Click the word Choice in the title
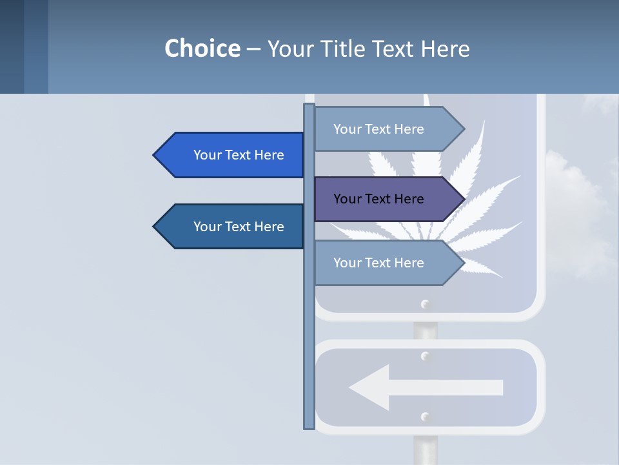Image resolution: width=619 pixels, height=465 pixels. (202, 48)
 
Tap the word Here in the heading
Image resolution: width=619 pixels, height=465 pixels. (445, 48)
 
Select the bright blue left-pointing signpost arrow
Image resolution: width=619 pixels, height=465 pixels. (229, 155)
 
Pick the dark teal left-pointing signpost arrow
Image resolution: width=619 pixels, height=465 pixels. (229, 227)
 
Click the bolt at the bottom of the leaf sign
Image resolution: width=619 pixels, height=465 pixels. (425, 304)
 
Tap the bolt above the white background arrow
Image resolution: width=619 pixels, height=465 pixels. (425, 356)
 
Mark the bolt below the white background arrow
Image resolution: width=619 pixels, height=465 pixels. (425, 417)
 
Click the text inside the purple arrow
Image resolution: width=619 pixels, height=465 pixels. (378, 199)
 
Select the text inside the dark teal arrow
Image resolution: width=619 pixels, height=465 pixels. (239, 227)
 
